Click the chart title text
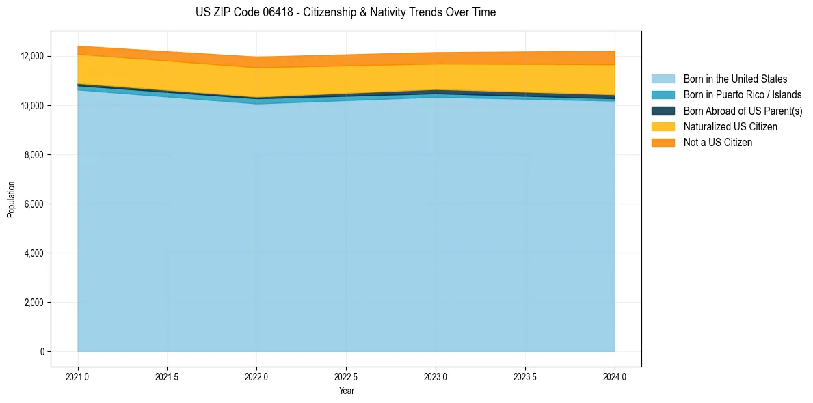[x=345, y=12]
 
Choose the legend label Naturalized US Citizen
[x=730, y=127]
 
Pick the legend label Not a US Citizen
[x=718, y=143]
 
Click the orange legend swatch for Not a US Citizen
[x=663, y=143]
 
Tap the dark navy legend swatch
[x=663, y=111]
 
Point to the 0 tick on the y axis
[x=42, y=352]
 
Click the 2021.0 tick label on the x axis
[x=78, y=376]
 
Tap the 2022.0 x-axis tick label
[x=256, y=376]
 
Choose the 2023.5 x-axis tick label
[x=525, y=376]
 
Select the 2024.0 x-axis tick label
[x=615, y=376]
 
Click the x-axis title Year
[x=347, y=391]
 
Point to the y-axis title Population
[x=11, y=199]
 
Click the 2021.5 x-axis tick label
[x=168, y=376]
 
